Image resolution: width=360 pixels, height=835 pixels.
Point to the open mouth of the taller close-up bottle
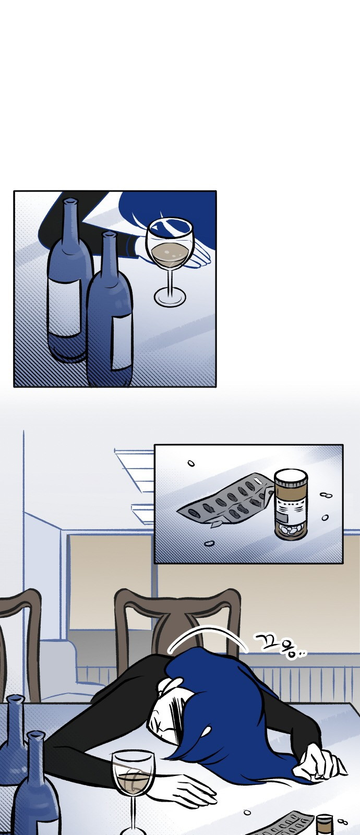pos(70,201)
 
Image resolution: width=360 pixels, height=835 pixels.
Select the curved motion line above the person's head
pos(207,633)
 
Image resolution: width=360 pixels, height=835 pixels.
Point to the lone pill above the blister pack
pos(191,463)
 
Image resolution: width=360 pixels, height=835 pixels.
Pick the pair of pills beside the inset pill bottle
pos(327,495)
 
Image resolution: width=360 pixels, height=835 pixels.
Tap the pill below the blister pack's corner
pos(209,544)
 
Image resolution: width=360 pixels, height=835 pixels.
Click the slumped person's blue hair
pos(224,708)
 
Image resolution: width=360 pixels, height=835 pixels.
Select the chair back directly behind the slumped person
pos(177,619)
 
